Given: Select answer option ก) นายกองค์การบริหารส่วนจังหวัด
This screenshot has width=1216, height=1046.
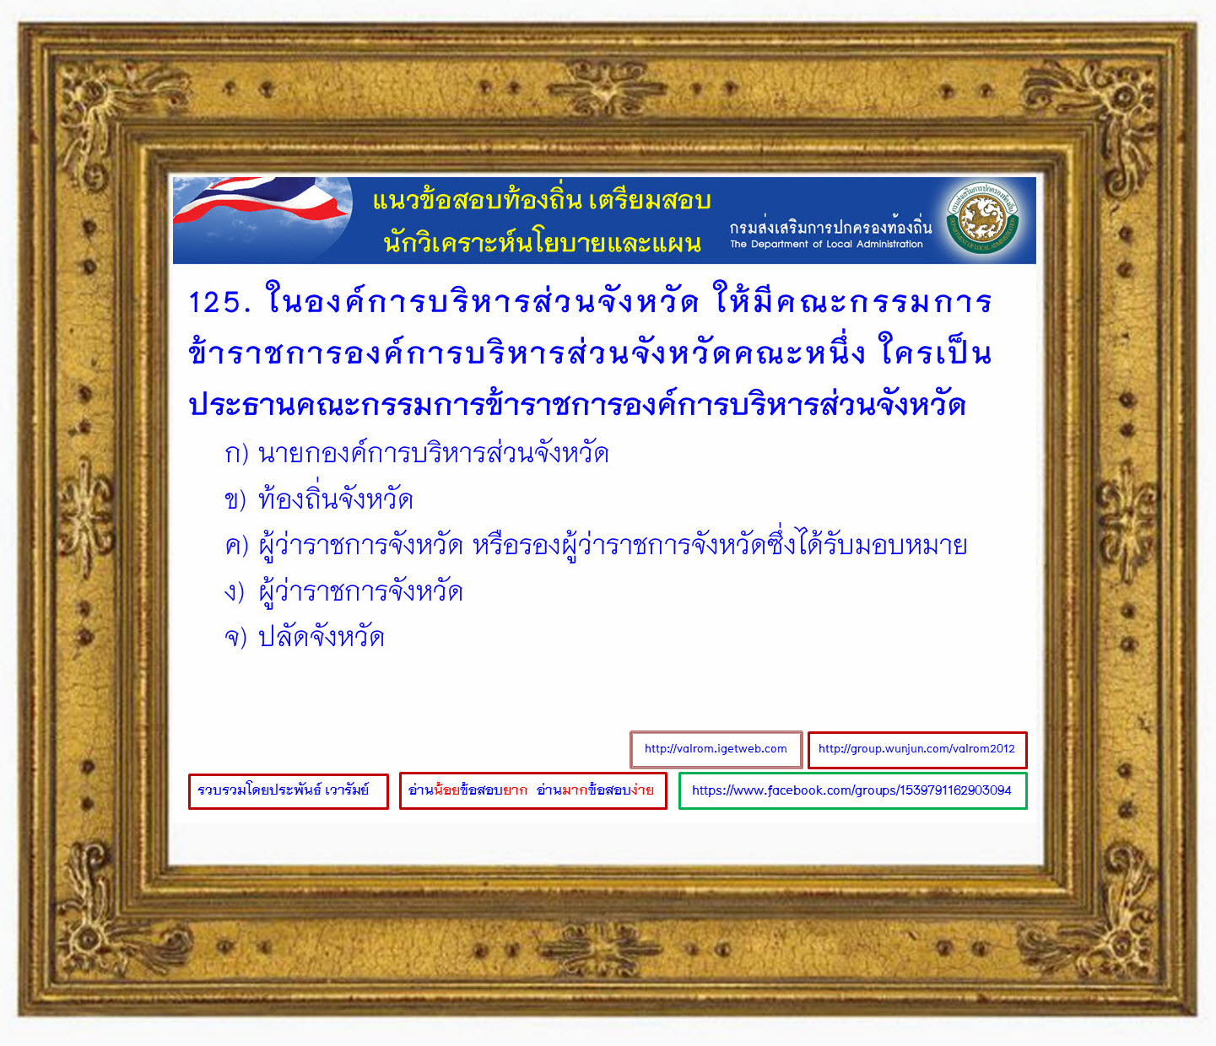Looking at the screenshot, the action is [417, 453].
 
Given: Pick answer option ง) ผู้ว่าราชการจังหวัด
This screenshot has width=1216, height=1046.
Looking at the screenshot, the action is [343, 590].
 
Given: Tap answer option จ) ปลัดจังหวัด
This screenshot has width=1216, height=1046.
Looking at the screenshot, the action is [304, 638].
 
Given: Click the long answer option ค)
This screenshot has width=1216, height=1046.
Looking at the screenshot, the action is [596, 544].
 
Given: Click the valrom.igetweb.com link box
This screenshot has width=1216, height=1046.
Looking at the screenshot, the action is [716, 749].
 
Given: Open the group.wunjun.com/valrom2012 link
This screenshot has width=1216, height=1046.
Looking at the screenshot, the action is [917, 749].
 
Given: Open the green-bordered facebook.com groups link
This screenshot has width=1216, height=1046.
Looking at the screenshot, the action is [852, 790].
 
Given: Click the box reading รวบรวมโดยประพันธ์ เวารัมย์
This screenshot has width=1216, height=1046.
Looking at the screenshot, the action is [289, 790].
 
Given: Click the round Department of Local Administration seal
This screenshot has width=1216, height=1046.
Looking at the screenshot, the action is [983, 218].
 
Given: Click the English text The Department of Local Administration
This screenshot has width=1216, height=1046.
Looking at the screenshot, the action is [826, 244].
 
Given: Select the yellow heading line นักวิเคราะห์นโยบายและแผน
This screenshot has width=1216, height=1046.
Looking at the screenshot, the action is [542, 242].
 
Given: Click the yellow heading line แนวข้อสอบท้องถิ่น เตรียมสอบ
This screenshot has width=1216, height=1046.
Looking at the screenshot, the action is [542, 200].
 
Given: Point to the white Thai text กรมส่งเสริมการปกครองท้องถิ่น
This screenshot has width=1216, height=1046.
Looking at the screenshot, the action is [830, 226].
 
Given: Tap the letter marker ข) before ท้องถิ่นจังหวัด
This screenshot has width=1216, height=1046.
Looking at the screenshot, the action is [235, 499].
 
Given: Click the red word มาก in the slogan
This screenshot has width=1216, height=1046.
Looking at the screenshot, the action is [575, 790].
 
